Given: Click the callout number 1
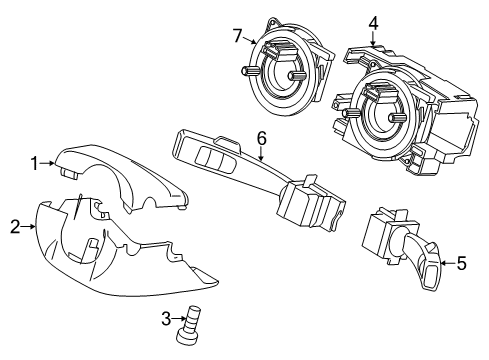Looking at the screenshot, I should tap(33, 162).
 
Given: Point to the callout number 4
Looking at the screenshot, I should tap(372, 21).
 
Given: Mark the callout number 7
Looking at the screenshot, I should tap(238, 37).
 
